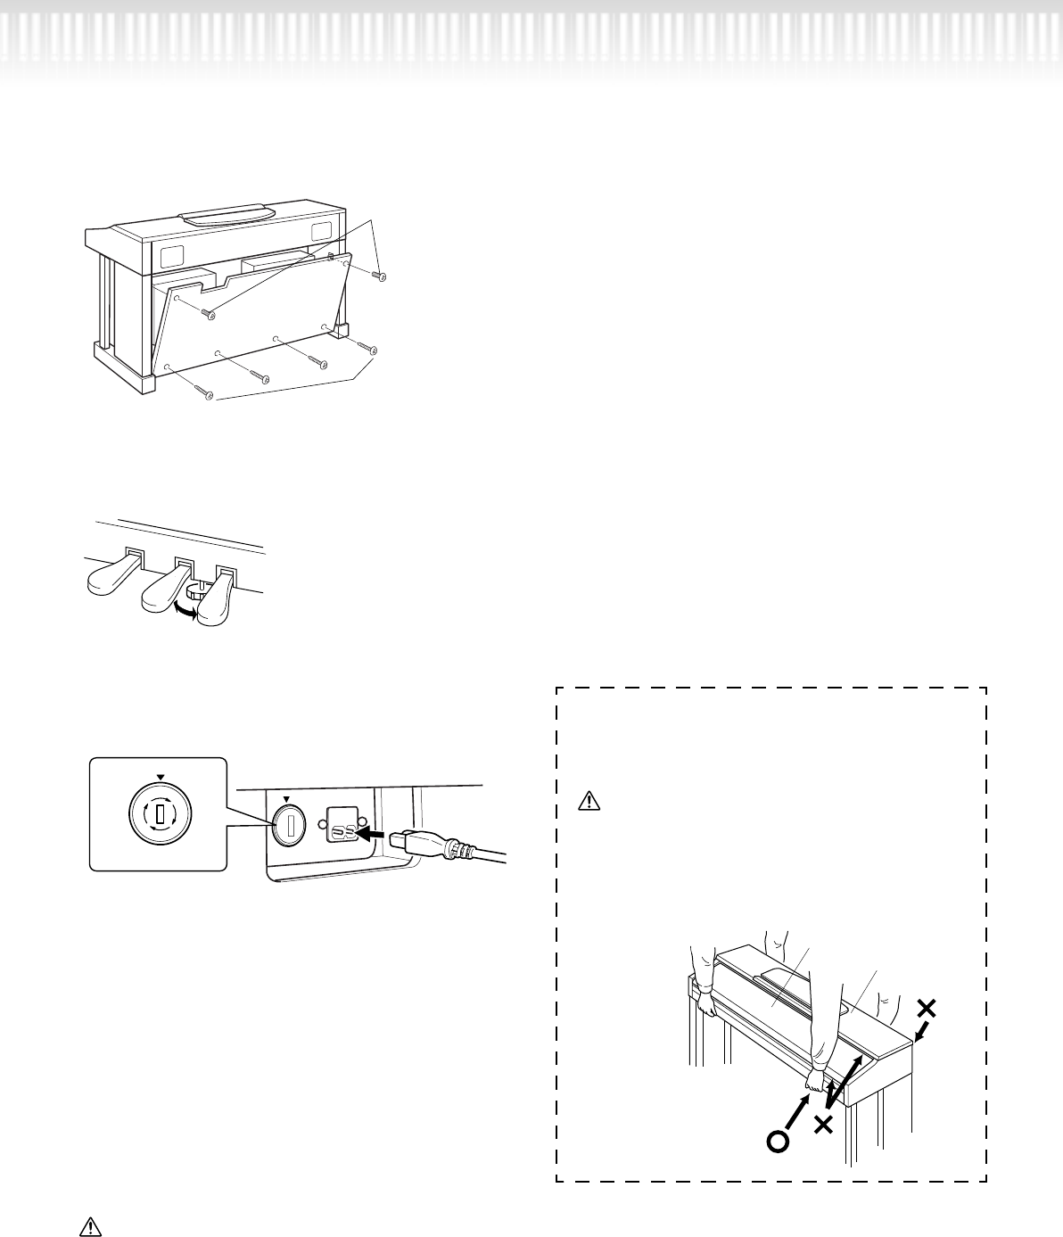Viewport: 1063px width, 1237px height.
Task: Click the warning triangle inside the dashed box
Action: tap(589, 801)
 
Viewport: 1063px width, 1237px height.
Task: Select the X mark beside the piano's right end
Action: tap(927, 1009)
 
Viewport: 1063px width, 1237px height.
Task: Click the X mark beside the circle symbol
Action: tap(824, 1126)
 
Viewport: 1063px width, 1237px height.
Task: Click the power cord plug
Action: tap(427, 841)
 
